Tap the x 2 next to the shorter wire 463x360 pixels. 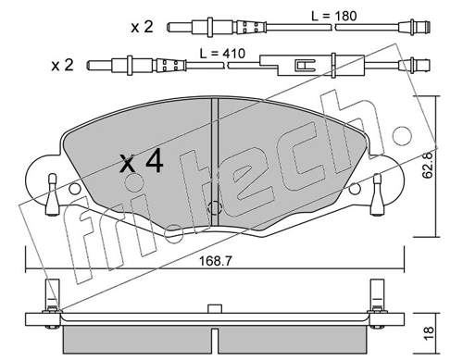tap(141, 27)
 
